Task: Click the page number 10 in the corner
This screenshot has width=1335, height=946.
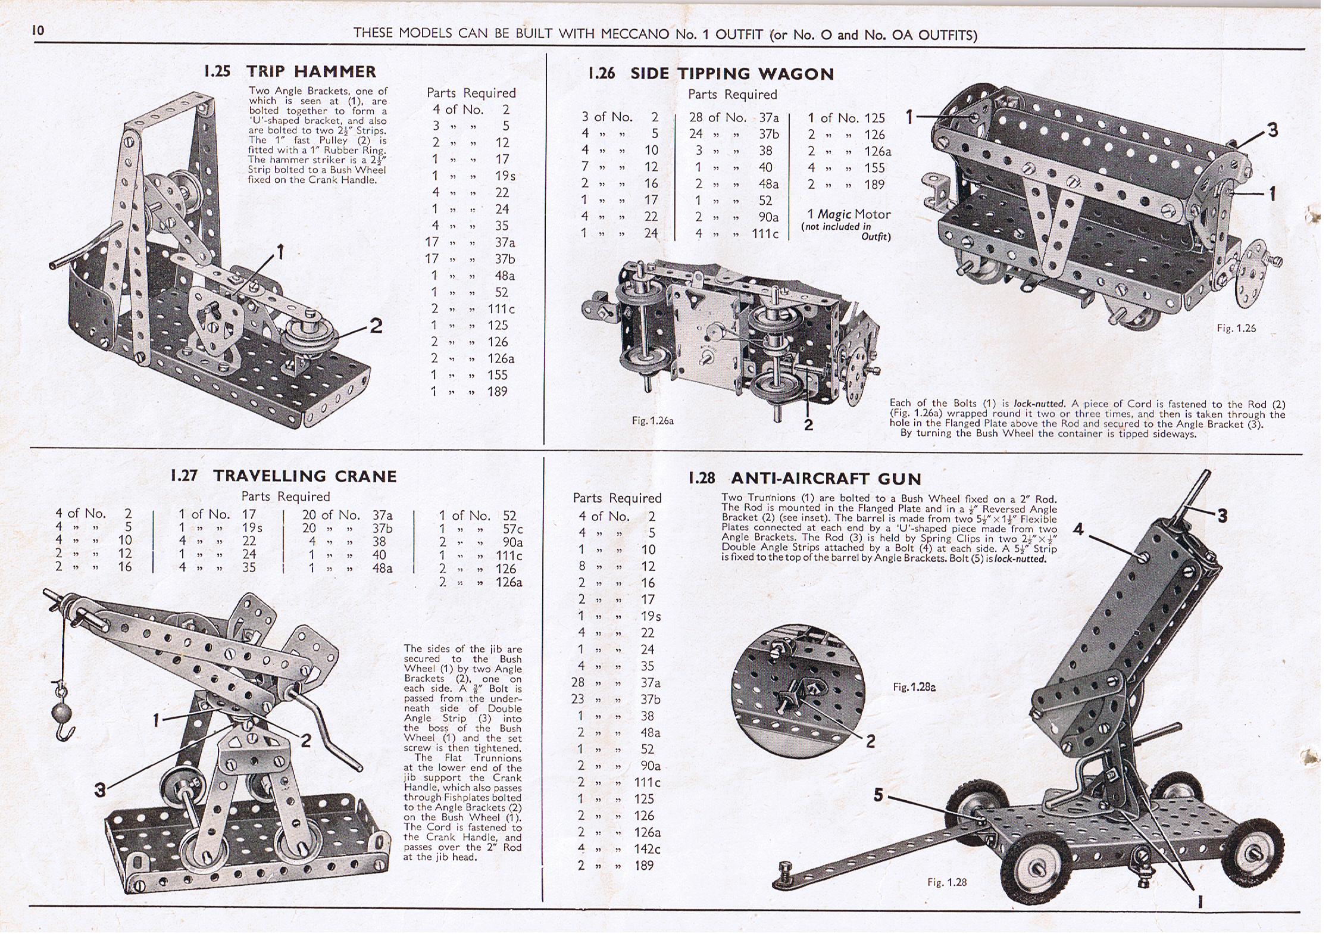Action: (x=38, y=31)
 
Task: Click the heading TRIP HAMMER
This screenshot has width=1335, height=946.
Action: (x=311, y=72)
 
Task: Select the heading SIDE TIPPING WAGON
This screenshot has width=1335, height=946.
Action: (x=732, y=74)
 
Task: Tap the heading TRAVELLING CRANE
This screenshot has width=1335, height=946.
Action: (x=305, y=476)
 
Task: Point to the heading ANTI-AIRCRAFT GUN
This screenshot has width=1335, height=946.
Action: (x=826, y=479)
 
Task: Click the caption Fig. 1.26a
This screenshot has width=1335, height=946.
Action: (x=652, y=421)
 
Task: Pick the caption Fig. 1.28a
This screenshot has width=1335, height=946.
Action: (x=914, y=687)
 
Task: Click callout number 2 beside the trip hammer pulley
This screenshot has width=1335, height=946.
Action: (x=376, y=326)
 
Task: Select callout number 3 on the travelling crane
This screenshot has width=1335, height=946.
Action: (x=100, y=790)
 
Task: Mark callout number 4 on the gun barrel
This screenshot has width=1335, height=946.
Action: (x=1078, y=529)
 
